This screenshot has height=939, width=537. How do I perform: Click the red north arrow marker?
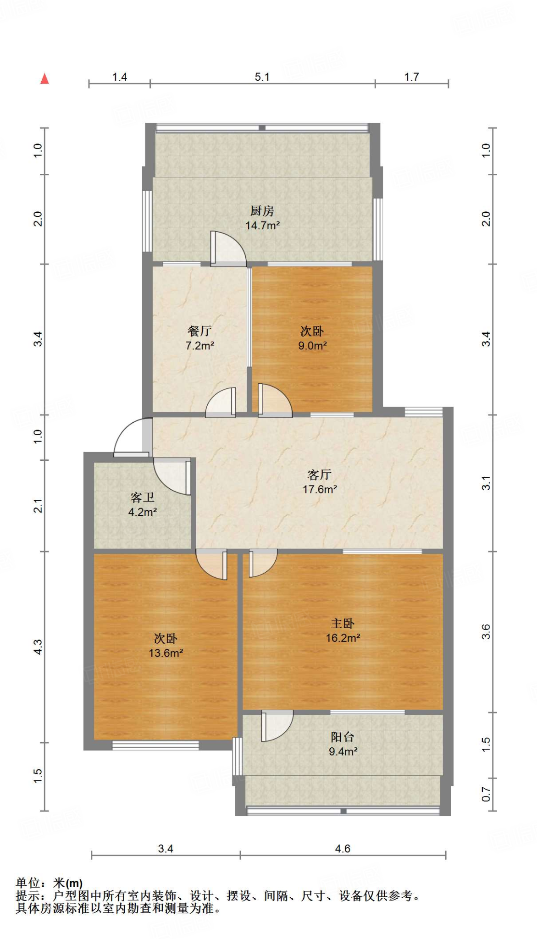[x=44, y=79]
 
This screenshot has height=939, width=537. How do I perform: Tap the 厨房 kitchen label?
[x=262, y=211]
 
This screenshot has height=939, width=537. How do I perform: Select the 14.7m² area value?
[x=262, y=226]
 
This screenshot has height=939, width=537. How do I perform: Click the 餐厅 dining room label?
[x=199, y=331]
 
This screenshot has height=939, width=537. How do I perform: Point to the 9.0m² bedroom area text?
[x=312, y=346]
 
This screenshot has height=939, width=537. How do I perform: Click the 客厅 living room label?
[x=319, y=475]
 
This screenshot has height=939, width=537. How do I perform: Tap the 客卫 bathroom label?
[x=142, y=497]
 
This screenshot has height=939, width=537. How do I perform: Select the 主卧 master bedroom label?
[x=343, y=624]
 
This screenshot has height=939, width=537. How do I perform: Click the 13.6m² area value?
[x=166, y=653]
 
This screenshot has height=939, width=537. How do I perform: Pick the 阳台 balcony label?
[x=343, y=737]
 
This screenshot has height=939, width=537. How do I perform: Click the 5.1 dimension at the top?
[x=262, y=77]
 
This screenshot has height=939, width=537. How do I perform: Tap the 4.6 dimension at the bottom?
[x=343, y=849]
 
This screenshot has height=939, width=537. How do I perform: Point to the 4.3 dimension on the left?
[x=38, y=647]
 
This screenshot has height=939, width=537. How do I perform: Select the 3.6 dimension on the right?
[x=486, y=632]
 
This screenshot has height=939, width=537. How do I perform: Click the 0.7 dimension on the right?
[x=486, y=794]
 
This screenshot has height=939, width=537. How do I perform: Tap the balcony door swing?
[x=277, y=725]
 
